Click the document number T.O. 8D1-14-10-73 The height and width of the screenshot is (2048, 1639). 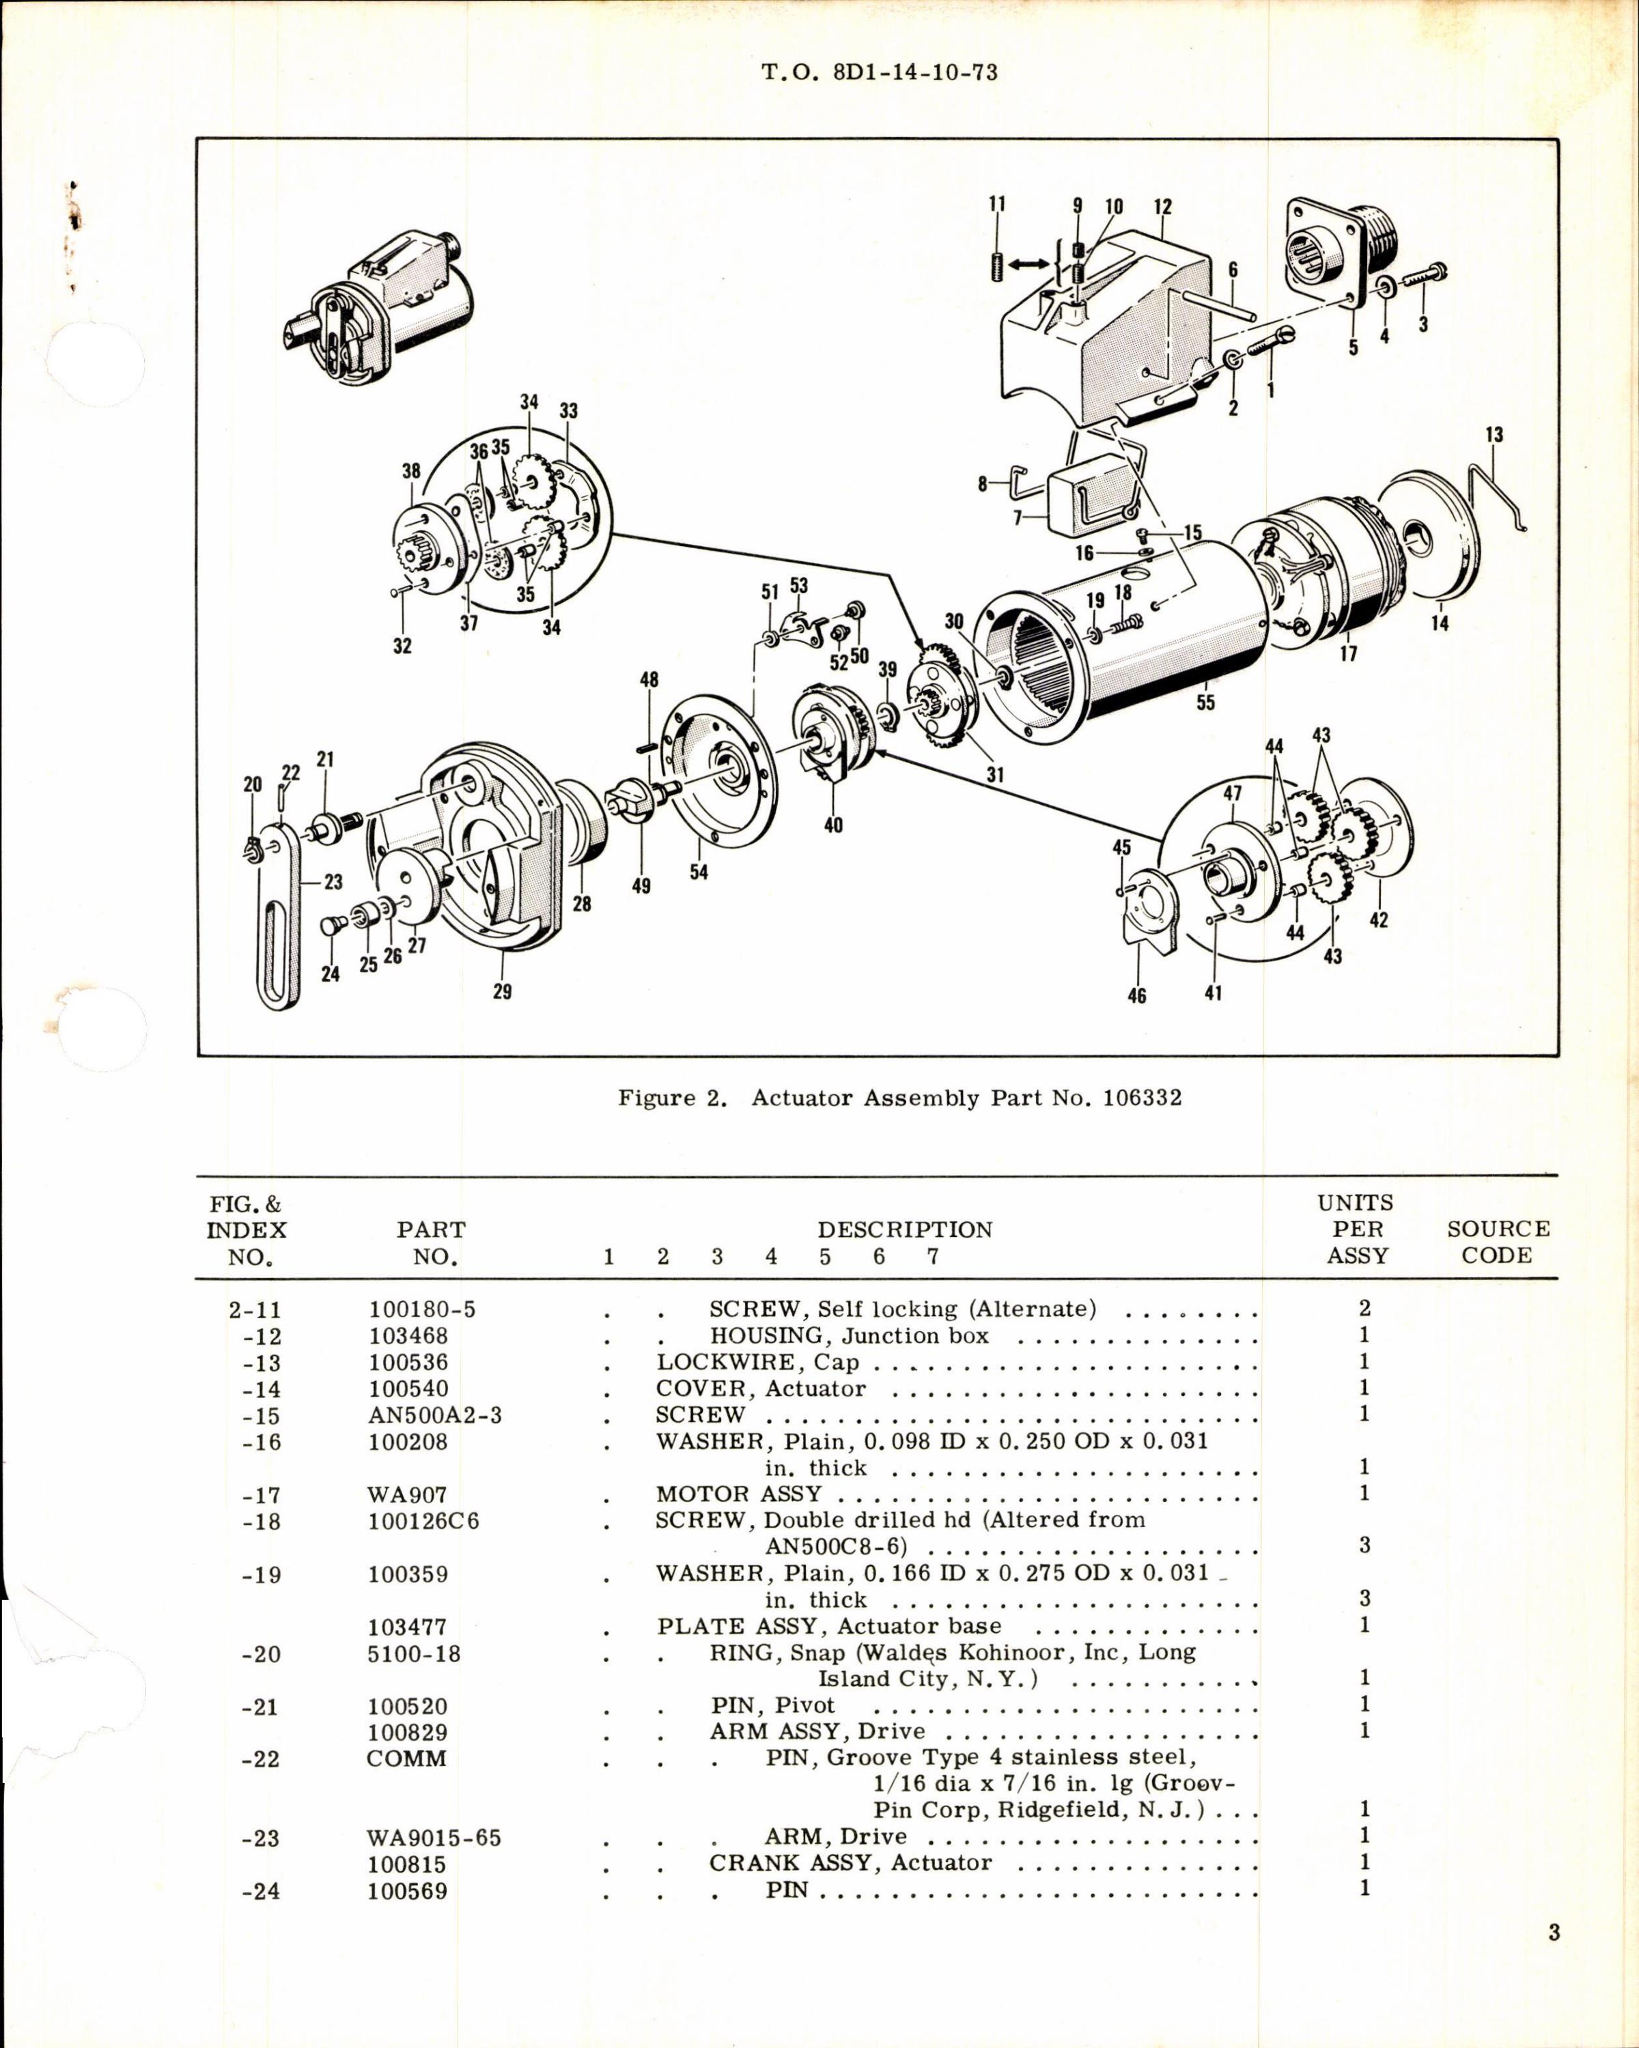click(x=880, y=72)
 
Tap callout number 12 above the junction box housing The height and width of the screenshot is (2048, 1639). click(x=1163, y=207)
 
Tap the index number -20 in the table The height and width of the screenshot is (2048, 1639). click(x=262, y=1654)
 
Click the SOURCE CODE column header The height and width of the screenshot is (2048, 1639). click(x=1498, y=1242)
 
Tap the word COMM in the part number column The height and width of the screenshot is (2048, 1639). click(x=406, y=1759)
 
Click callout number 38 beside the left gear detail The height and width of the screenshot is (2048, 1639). click(x=410, y=471)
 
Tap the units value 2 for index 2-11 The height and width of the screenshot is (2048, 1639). click(x=1364, y=1309)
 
